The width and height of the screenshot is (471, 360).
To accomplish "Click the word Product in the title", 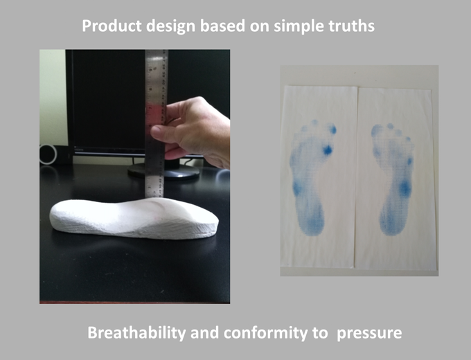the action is coord(112,26).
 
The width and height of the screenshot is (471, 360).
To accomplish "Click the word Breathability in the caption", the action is coord(136,333).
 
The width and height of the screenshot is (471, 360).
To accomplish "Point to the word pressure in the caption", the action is coord(369,334).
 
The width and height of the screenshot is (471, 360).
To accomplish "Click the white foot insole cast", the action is coord(134,217).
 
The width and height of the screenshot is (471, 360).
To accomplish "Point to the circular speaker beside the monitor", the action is coord(48,154).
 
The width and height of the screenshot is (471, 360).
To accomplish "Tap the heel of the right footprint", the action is coord(392,222).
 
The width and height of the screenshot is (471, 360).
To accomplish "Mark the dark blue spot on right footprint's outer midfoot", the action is coord(405,188).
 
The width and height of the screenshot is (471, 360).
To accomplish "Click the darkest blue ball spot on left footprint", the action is coord(327,150).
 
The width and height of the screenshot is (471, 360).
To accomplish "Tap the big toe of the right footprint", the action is coord(376,131).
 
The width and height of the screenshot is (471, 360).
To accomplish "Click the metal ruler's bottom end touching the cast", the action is coord(154,197).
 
